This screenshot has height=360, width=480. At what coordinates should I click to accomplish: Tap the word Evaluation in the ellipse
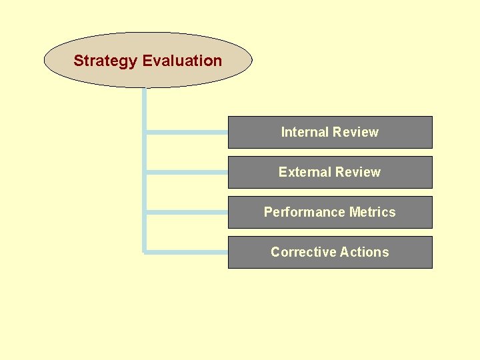tap(182, 61)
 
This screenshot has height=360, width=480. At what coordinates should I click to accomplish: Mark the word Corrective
tap(302, 252)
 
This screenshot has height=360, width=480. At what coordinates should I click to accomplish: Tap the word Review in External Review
tap(357, 172)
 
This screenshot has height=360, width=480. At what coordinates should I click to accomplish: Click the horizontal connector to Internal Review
tap(187, 132)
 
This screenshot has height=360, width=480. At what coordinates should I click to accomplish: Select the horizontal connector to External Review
tap(187, 172)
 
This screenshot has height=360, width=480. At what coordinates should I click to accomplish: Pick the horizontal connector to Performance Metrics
tap(187, 212)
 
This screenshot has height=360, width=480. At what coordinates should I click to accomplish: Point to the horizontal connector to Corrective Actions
tap(187, 252)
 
